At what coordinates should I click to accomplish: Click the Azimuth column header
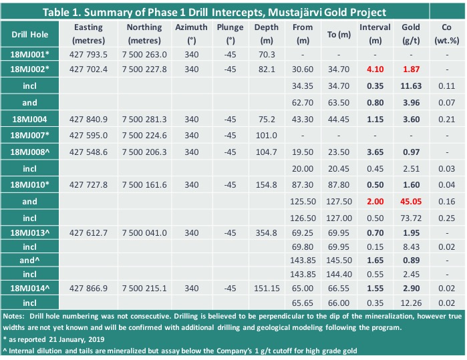point(191,33)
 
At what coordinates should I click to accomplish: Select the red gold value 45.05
point(411,202)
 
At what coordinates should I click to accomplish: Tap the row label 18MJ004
point(29,120)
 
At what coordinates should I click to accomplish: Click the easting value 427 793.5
point(88,55)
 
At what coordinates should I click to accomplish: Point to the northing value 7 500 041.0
point(144,233)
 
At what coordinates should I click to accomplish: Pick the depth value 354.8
point(267,233)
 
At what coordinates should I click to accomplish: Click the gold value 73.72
point(411,218)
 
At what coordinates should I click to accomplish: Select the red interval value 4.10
point(375,69)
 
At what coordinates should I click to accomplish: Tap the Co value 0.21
point(446,120)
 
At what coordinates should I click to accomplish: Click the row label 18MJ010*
point(29,185)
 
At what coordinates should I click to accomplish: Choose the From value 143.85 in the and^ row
point(303,260)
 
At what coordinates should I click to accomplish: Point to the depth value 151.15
point(267,289)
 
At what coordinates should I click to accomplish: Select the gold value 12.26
point(411,303)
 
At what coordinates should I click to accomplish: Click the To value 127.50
point(339,202)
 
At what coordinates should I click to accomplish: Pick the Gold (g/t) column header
point(411,33)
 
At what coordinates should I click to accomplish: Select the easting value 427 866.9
point(88,289)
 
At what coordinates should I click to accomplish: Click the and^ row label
point(29,260)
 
